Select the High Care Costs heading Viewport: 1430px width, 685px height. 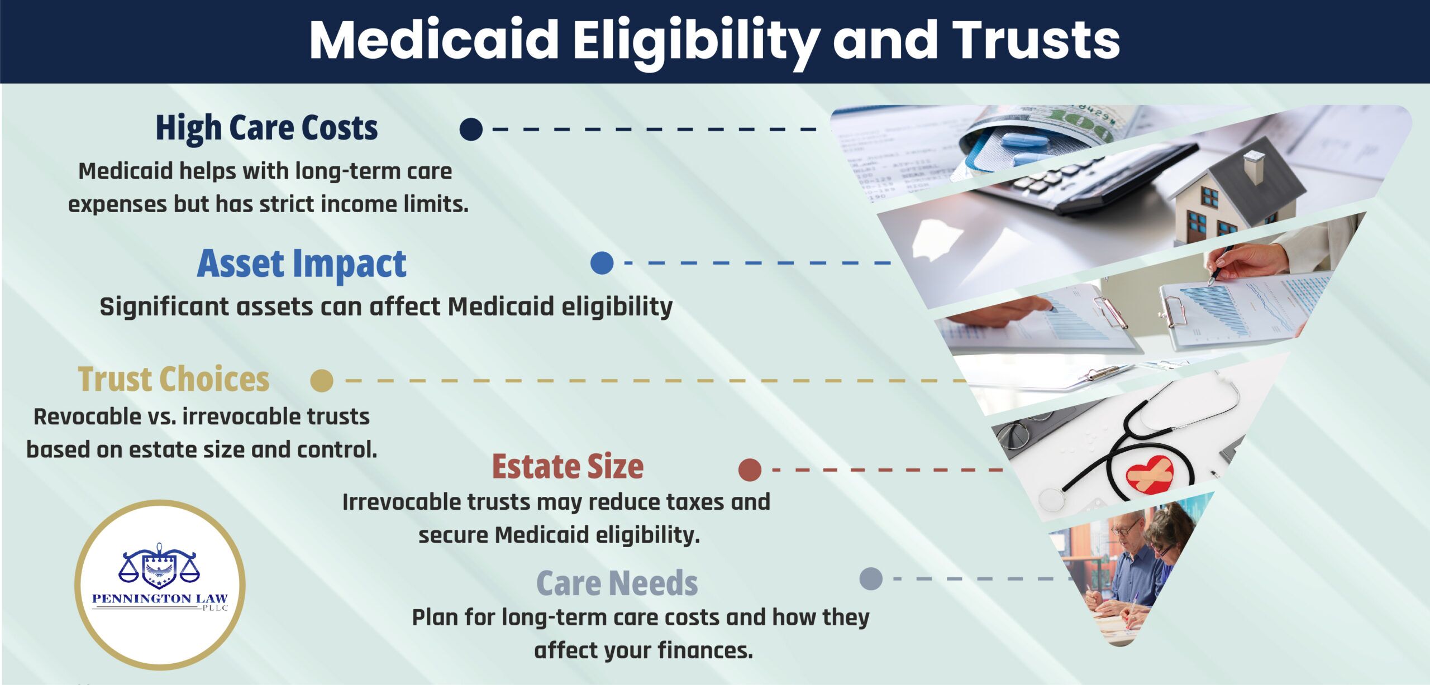[266, 128]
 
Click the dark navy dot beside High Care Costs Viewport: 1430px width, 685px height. [471, 129]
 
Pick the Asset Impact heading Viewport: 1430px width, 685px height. [302, 264]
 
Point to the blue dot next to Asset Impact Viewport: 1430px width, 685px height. [602, 262]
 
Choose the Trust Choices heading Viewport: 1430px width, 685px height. [174, 379]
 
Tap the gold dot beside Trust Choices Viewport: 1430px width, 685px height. [322, 381]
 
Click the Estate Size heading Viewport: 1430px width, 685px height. [568, 467]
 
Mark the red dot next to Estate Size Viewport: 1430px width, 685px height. [750, 470]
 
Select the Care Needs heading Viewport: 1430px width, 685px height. [617, 583]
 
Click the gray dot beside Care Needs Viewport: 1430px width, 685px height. [871, 579]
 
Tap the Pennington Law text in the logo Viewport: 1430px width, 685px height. [160, 598]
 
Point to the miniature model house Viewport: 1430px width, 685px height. [1238, 190]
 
